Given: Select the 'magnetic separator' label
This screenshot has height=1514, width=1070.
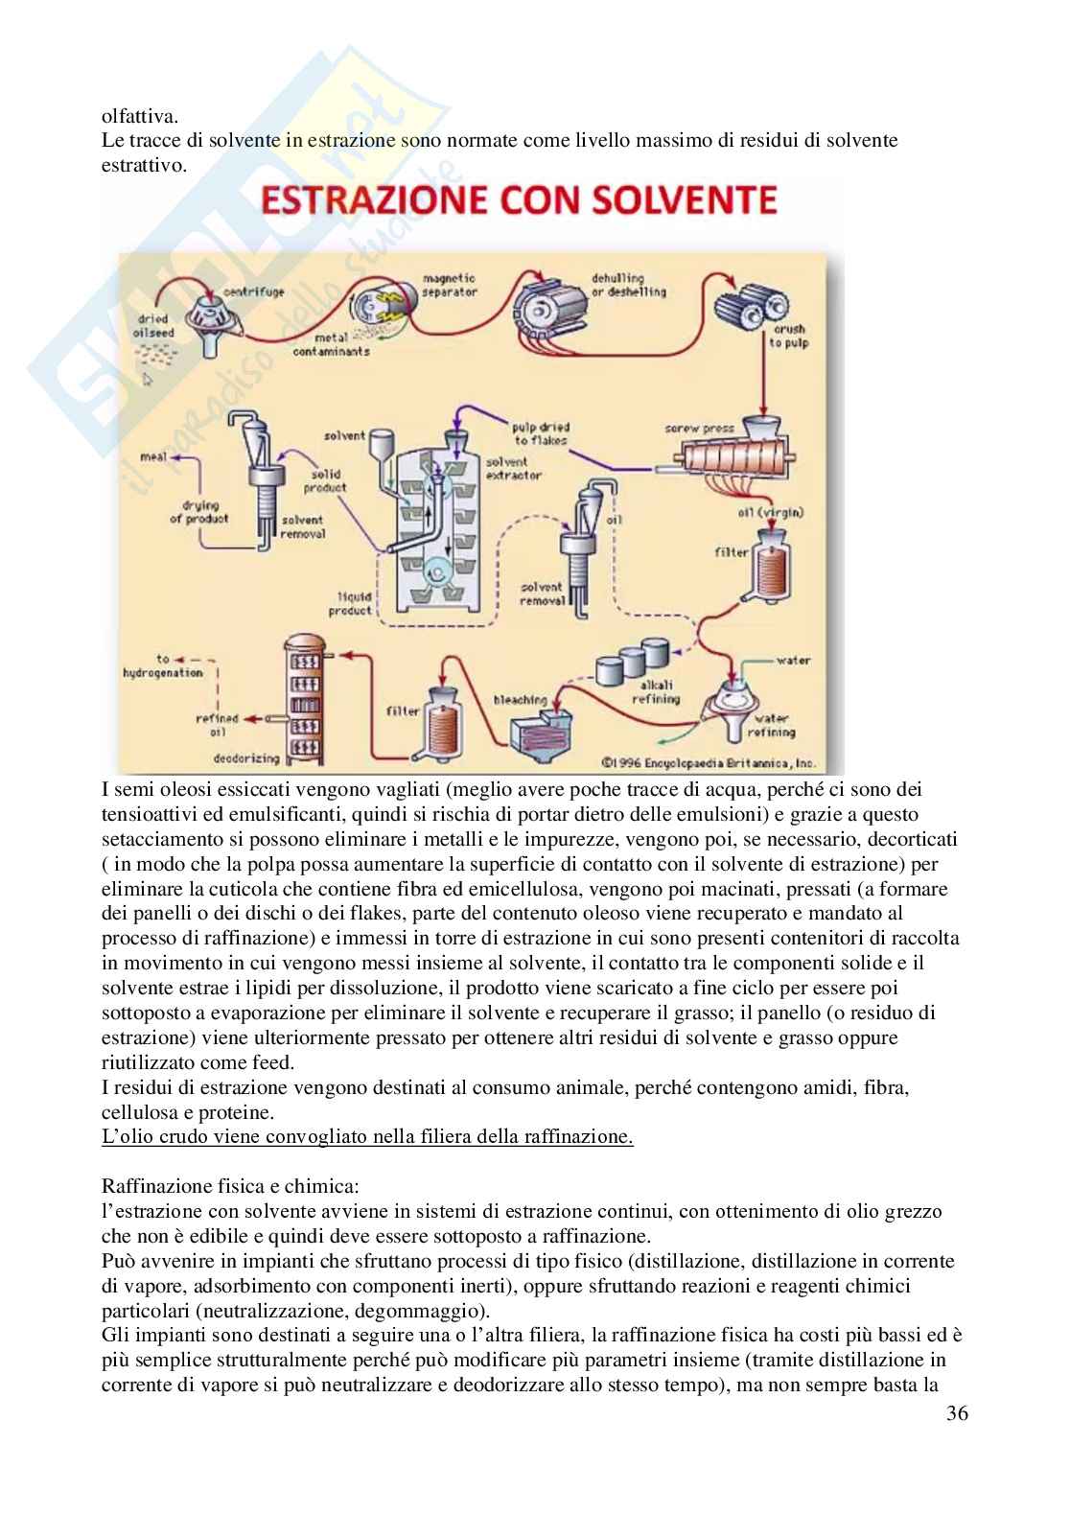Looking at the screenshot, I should [450, 285].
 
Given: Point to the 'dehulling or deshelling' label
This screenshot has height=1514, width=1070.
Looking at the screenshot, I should [628, 285].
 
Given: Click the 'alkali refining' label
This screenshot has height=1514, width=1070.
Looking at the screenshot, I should [656, 692].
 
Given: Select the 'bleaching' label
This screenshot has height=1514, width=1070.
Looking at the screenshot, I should [520, 700].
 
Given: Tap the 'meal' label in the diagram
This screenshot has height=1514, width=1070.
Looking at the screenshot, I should [152, 456].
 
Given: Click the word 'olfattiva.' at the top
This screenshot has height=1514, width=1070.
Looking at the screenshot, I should [140, 117].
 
